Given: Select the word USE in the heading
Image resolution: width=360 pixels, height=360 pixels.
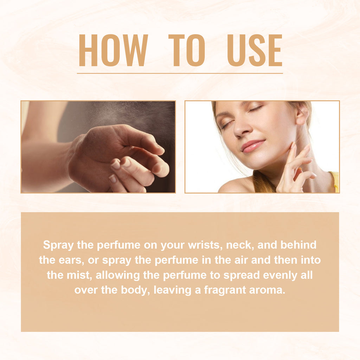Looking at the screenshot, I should (255, 50).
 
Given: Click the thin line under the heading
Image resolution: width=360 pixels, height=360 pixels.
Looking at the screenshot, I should (180, 73).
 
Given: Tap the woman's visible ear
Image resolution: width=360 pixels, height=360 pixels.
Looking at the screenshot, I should (301, 115).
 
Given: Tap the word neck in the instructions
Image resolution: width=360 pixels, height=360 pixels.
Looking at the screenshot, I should (239, 245).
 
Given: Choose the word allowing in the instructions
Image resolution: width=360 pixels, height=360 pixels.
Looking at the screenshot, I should (118, 276).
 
